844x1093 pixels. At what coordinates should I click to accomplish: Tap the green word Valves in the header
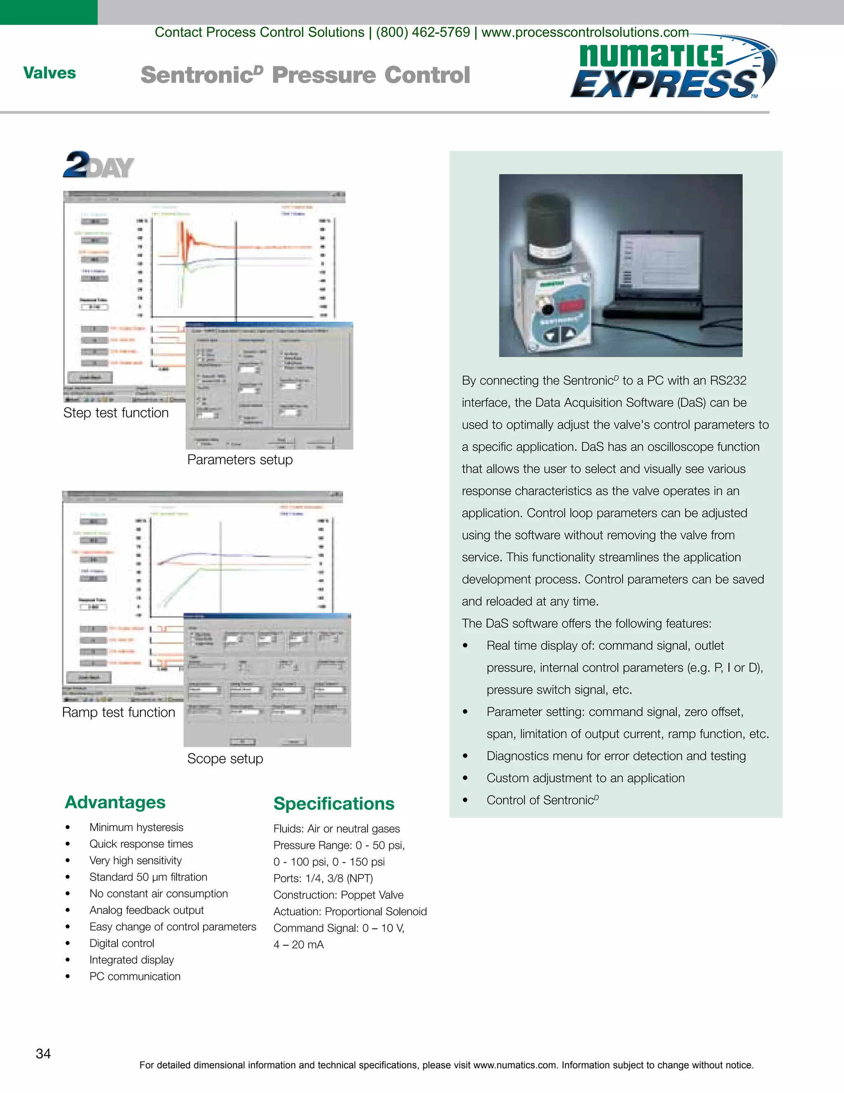pos(49,73)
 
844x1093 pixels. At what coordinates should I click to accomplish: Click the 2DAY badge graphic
pos(98,165)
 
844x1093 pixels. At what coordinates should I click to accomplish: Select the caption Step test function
pos(116,413)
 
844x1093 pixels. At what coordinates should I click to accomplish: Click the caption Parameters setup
pos(240,459)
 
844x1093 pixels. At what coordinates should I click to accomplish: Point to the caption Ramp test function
pos(119,712)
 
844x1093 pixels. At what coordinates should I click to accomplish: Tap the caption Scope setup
pos(225,759)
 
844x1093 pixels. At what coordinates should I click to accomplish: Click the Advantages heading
pos(115,802)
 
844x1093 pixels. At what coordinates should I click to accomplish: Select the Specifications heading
pos(333,804)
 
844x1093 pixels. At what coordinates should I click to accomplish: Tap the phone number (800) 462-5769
pos(423,33)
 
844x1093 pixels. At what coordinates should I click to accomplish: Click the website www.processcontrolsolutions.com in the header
pos(585,33)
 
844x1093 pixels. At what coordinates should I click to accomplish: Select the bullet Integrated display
pos(131,960)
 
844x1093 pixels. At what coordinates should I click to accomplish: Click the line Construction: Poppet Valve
pos(338,895)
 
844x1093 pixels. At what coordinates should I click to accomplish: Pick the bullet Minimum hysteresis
pos(136,827)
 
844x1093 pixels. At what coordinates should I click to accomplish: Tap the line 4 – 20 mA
pos(298,945)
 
